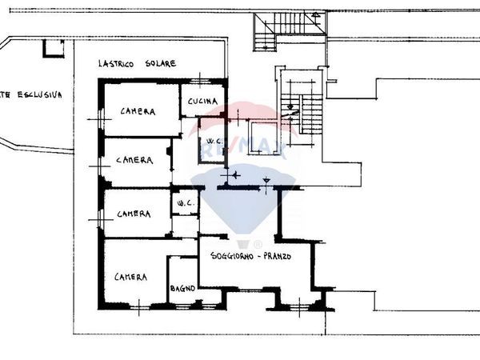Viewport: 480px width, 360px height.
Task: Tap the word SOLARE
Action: tap(159, 63)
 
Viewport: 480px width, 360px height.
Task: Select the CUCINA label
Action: tap(202, 101)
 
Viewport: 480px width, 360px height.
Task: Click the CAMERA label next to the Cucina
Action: tap(138, 111)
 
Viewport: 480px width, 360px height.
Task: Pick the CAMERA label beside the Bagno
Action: tap(130, 277)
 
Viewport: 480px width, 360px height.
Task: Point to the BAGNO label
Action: tap(182, 289)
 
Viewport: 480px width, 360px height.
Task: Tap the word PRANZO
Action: tap(277, 257)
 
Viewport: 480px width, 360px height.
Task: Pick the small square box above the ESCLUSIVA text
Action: tap(53, 48)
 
